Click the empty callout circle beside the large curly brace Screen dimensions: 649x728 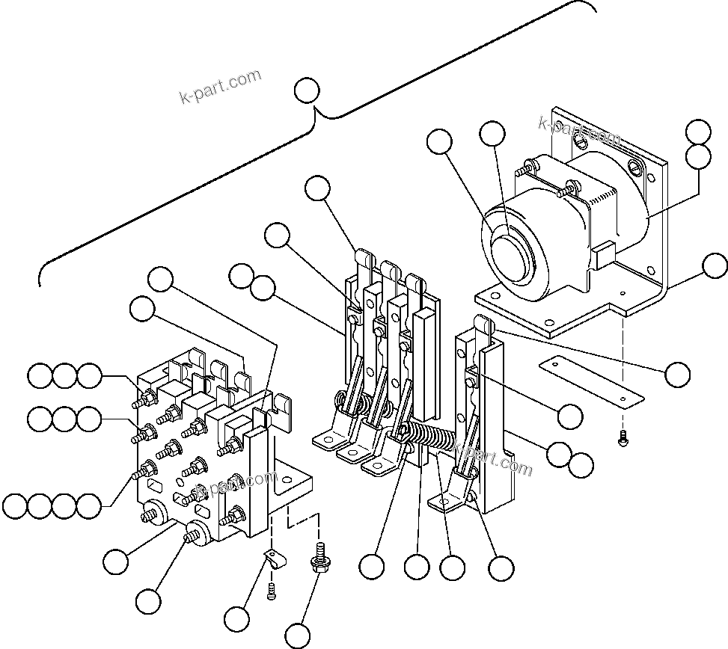pyautogui.click(x=306, y=91)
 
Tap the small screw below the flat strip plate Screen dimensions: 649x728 pyautogui.click(x=623, y=440)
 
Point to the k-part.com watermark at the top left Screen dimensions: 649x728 pyautogui.click(x=221, y=87)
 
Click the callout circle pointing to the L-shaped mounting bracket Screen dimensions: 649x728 pyautogui.click(x=715, y=265)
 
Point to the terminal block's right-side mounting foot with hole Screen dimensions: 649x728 pyautogui.click(x=293, y=481)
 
